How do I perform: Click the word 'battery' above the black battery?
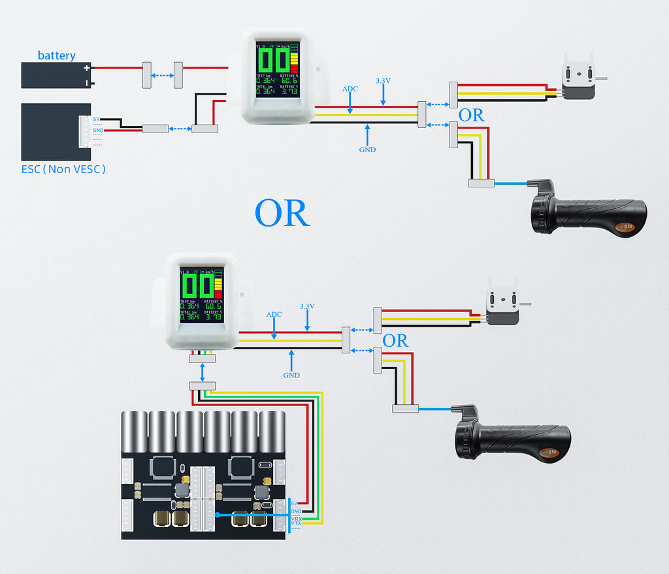pos(56,56)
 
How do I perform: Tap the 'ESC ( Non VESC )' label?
pos(63,169)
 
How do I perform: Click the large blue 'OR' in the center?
pos(282,213)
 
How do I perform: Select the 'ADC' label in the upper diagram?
pos(350,89)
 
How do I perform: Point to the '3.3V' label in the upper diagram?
pos(383,81)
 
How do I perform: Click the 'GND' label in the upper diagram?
pos(367,150)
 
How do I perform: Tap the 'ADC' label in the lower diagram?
pos(274,314)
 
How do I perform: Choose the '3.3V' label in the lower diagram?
pos(307,306)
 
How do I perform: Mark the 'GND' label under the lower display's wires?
pos(291,375)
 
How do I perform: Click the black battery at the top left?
pos(56,75)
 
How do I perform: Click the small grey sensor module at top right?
pos(578,82)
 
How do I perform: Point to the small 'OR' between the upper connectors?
pos(472,116)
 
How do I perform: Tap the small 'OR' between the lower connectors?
pos(395,341)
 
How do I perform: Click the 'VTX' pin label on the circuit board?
pos(296,524)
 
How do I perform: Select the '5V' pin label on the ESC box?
pos(97,119)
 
